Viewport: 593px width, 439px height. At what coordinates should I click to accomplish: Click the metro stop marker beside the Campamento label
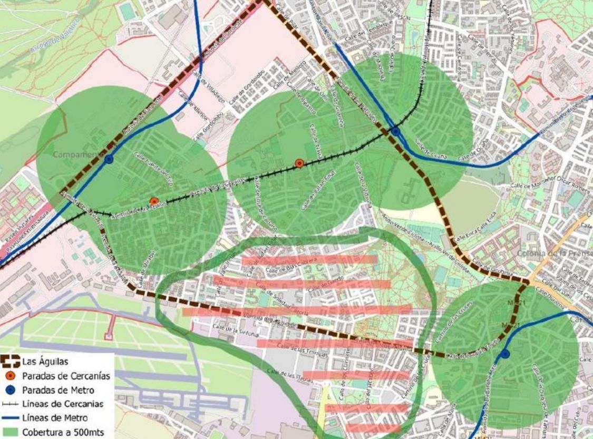109,159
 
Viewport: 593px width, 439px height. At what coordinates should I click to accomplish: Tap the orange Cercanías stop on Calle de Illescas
299,163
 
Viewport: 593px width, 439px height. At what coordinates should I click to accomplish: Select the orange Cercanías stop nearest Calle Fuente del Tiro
154,201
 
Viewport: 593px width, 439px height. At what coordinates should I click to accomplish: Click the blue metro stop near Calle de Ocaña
395,130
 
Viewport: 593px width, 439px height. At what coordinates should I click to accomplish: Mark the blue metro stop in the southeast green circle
505,354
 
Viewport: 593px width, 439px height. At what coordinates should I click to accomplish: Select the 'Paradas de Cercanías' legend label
66,376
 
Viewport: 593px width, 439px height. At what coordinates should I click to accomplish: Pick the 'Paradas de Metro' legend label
58,390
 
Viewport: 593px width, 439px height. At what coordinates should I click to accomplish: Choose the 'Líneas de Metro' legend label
55,418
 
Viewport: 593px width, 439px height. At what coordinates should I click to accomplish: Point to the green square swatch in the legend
11,432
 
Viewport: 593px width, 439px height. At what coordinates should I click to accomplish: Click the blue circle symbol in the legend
11,390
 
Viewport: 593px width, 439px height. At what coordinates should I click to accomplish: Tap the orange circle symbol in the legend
11,376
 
